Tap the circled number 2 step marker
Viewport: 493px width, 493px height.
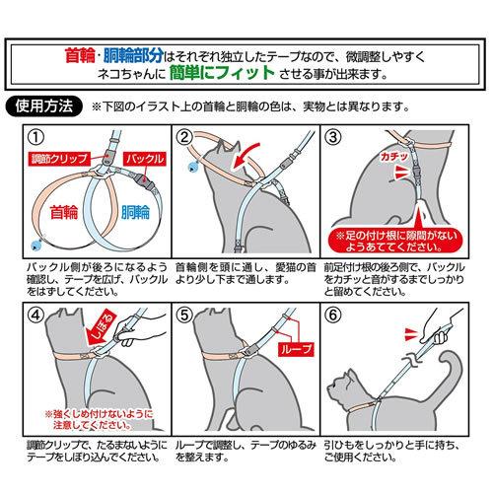184,136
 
